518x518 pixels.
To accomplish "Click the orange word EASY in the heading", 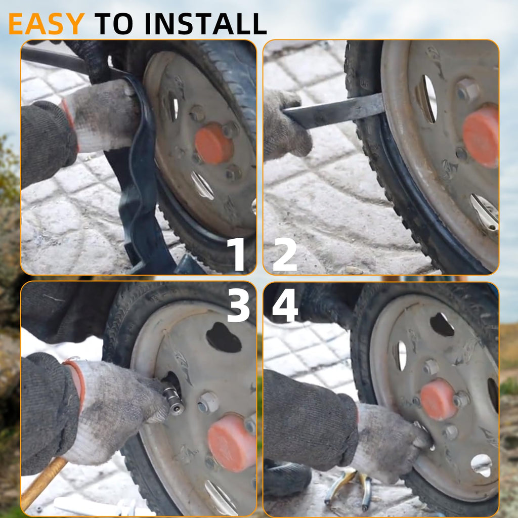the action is point(46,24).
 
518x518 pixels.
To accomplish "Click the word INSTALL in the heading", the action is point(205,24).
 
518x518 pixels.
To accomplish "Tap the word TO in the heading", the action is point(114,24).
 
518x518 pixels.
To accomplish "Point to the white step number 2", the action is point(285,254).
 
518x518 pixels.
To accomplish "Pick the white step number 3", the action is point(239,305).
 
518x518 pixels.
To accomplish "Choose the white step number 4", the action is point(285,305).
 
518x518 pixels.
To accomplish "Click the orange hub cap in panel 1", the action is point(213,144).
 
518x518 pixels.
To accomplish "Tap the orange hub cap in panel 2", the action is point(481,136).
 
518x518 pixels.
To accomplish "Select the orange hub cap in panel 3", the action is point(231,443).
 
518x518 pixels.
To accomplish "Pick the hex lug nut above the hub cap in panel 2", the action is point(468,90).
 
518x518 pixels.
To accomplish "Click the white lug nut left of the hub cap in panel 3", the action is point(208,402).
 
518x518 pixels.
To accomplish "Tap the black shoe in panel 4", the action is point(287,479).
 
